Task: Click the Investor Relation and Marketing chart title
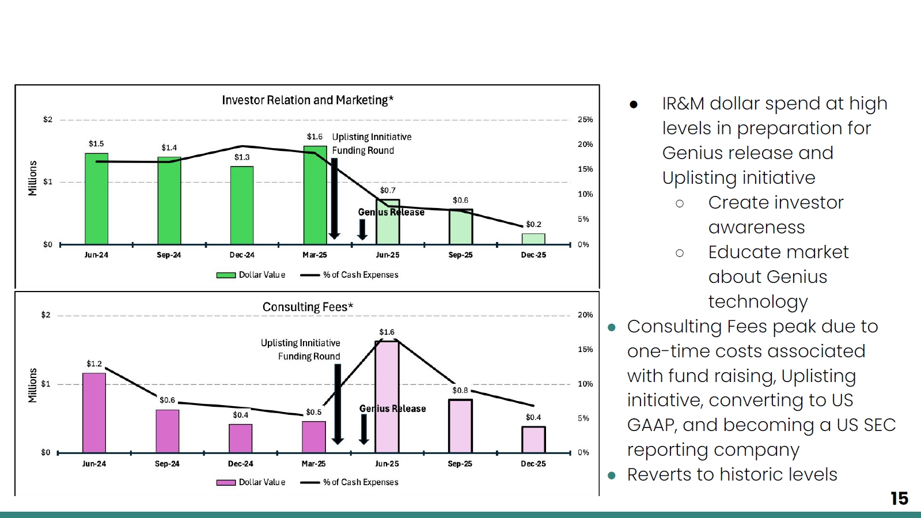coord(308,100)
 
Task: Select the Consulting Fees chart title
coord(308,307)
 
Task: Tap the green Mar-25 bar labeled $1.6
coord(315,195)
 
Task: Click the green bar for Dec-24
coord(242,205)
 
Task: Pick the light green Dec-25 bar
coord(533,239)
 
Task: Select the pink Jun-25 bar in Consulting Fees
coord(387,396)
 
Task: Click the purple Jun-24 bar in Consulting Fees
coord(94,413)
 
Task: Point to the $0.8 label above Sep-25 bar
coord(460,390)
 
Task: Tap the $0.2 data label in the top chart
coord(534,224)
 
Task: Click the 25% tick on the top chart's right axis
coord(585,120)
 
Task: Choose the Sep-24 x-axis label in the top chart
coord(169,255)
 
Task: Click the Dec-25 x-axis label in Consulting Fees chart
coord(533,464)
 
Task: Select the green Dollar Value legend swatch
coord(226,275)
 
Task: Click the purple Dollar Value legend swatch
coord(226,483)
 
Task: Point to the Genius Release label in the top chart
coord(391,212)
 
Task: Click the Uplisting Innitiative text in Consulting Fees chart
coord(301,343)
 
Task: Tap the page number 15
coord(899,498)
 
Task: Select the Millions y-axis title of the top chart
coord(32,178)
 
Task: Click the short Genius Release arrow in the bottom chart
coord(364,429)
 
